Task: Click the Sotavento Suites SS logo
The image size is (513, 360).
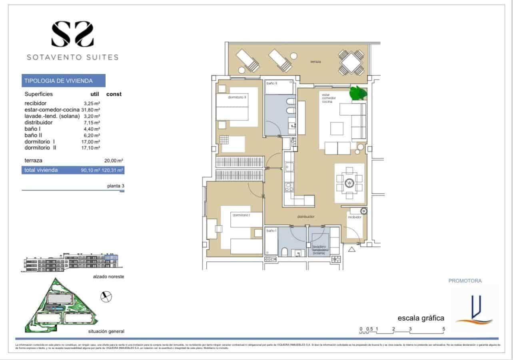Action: click(72, 34)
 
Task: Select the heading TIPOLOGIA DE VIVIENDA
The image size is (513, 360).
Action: click(59, 81)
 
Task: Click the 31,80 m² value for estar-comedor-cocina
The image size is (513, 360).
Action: click(91, 109)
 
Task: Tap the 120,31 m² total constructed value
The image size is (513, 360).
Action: click(114, 170)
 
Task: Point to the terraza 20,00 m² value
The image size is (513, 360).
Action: click(114, 161)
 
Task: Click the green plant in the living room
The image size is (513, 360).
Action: click(358, 93)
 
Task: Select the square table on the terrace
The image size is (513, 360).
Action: click(351, 63)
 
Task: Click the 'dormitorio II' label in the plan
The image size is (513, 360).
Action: click(237, 97)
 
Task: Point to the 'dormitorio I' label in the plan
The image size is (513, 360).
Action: click(241, 215)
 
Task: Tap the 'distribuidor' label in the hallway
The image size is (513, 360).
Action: click(305, 217)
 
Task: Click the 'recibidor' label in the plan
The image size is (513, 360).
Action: click(354, 217)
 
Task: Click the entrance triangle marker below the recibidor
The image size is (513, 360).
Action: click(352, 250)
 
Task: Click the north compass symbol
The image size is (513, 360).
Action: click(106, 296)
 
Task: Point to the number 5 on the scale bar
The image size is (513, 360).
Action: click(443, 329)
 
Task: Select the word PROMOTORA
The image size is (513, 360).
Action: click(465, 281)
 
